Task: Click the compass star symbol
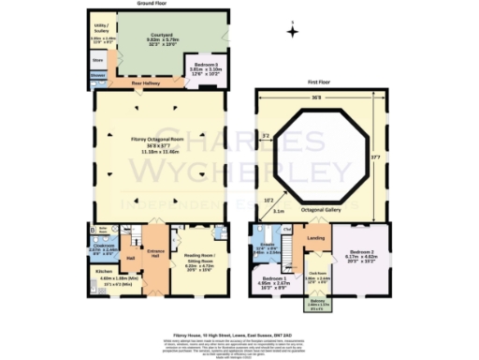292,32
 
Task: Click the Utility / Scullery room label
101,34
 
